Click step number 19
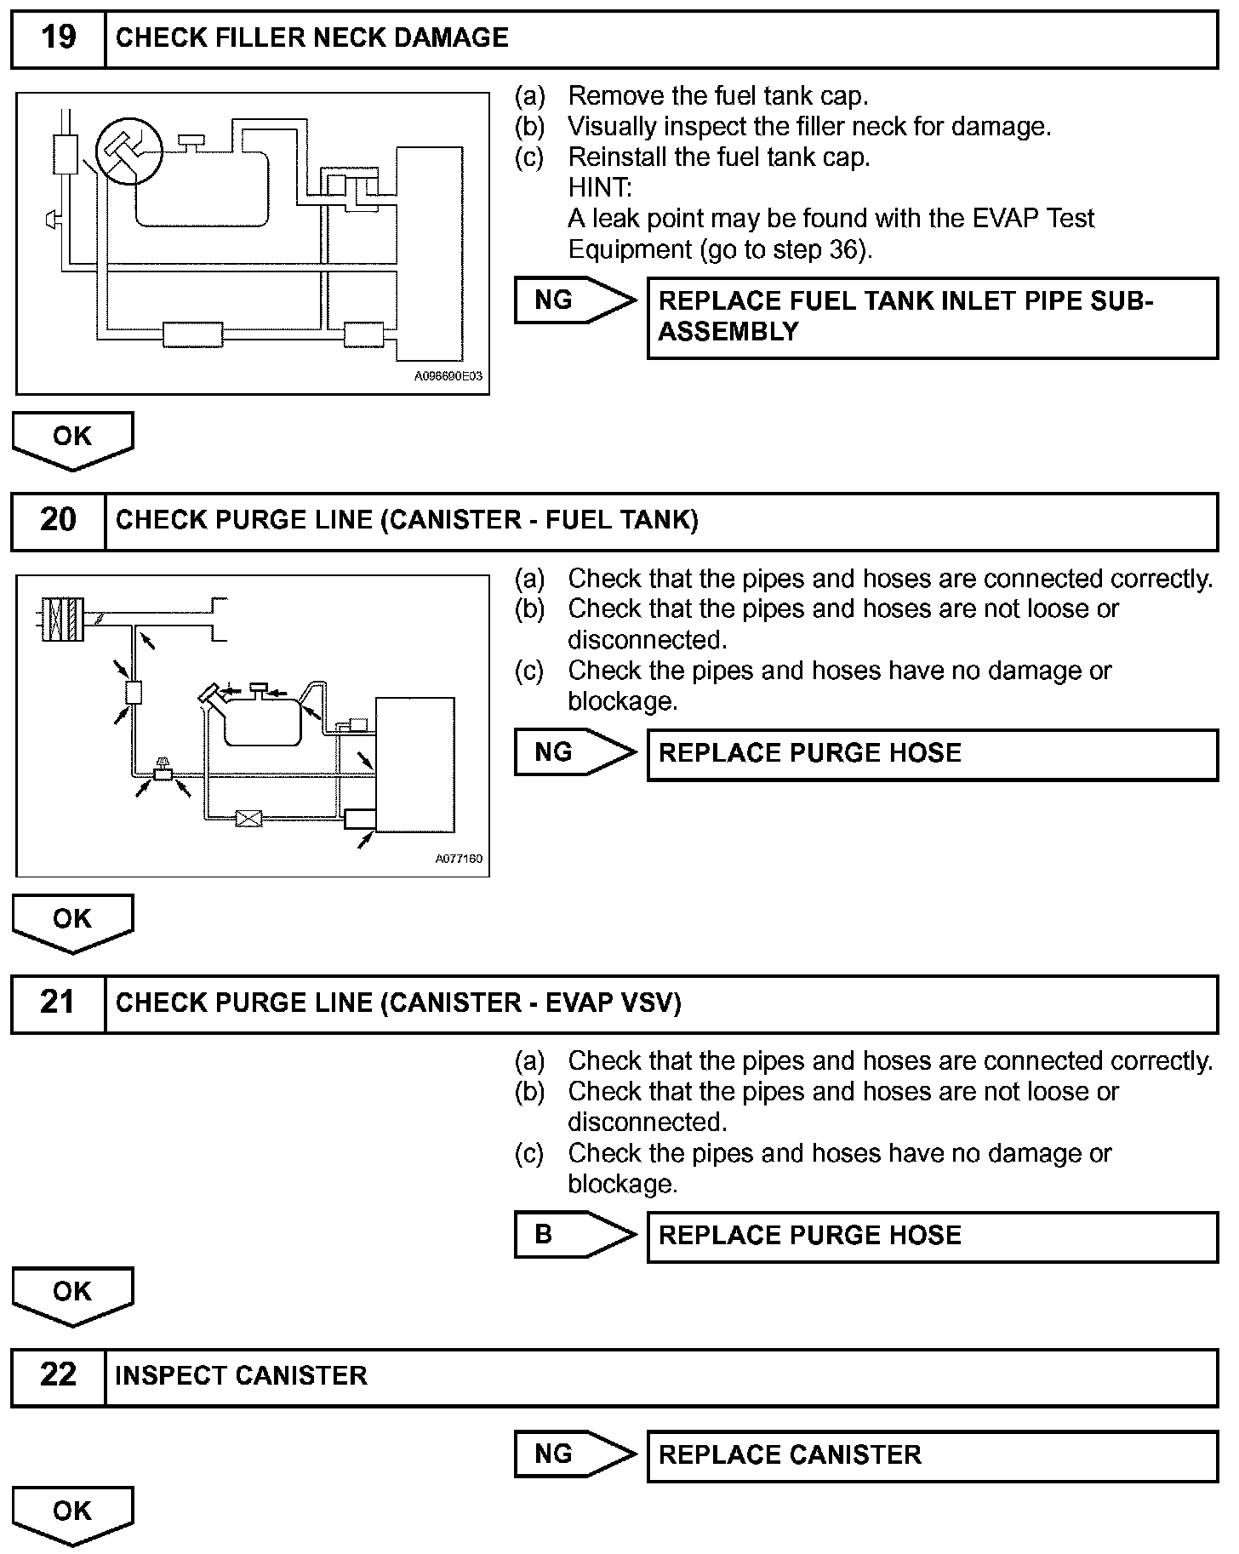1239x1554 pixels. [x=58, y=38]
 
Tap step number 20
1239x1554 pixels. [x=58, y=520]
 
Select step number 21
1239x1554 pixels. [x=58, y=1003]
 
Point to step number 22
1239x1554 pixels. [x=58, y=1375]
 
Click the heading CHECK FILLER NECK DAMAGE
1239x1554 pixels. [x=311, y=38]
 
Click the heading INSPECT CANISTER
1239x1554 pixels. [x=241, y=1376]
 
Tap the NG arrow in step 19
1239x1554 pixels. [x=574, y=300]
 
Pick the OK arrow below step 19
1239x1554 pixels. [x=72, y=439]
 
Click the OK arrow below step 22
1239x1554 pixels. [x=72, y=1514]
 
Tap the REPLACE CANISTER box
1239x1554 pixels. [x=932, y=1455]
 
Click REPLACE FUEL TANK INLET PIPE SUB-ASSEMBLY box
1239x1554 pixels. [x=932, y=317]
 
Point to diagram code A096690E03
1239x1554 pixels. [x=448, y=376]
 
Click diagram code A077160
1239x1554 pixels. [x=459, y=859]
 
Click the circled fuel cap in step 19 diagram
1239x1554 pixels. [x=128, y=150]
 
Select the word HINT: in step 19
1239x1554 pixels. [x=600, y=188]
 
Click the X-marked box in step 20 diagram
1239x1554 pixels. [x=248, y=819]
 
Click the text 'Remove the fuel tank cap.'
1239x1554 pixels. [x=717, y=95]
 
